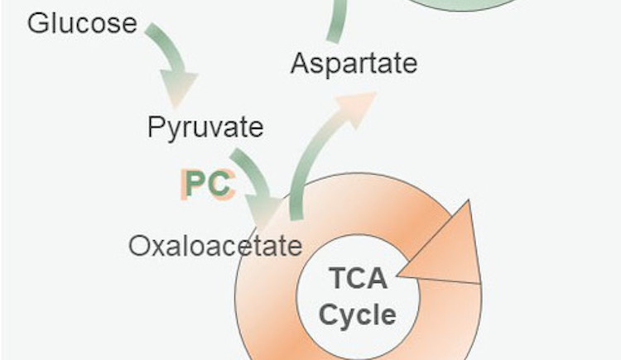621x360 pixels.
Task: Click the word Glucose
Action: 81,22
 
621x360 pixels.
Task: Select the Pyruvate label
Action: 205,127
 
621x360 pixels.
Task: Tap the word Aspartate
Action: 354,63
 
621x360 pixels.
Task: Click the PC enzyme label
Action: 206,184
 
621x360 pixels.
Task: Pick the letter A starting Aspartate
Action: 300,63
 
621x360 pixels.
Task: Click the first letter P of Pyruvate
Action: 156,127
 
